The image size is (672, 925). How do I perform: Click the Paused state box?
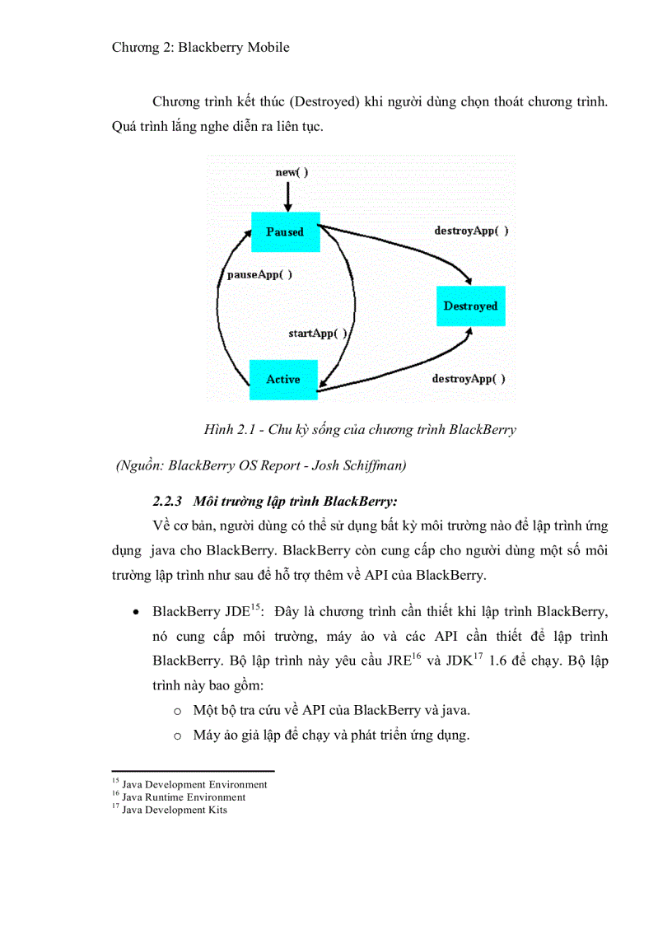(284, 231)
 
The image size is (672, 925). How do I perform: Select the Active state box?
(282, 380)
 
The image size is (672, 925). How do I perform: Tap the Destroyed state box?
(470, 306)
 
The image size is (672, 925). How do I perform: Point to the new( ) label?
(292, 173)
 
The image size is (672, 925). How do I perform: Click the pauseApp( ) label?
(259, 274)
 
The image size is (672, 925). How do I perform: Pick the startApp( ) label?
(318, 333)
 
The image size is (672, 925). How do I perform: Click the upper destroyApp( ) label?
(471, 231)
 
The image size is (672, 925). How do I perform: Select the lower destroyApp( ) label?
(469, 379)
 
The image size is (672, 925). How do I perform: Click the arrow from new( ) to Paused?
(287, 196)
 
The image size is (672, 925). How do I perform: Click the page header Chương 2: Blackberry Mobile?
(200, 47)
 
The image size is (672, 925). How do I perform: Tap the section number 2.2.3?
(170, 501)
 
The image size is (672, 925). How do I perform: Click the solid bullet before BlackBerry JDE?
(135, 614)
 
